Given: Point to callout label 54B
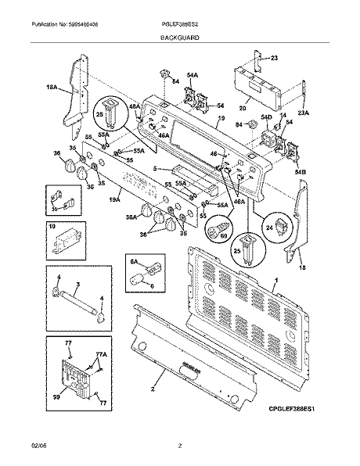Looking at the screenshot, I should [x=300, y=171].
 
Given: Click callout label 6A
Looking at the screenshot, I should [x=133, y=262].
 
